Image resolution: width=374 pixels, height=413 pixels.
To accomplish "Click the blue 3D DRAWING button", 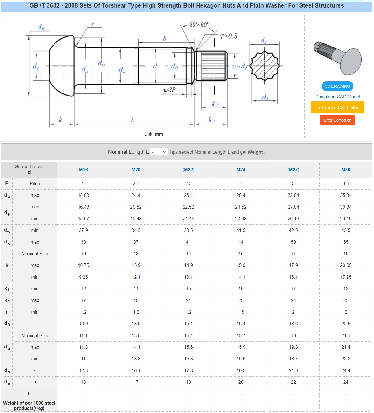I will coord(337,86).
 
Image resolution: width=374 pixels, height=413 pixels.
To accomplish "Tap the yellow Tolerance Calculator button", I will coord(337,107).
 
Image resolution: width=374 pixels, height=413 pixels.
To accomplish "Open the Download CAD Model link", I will coord(337,97).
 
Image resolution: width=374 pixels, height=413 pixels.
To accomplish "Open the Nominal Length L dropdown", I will coord(159,152).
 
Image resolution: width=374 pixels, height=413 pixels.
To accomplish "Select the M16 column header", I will coord(83,170).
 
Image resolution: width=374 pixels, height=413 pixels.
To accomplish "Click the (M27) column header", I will coord(293,170).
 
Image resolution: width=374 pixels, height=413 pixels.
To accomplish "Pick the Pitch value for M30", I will coord(345,183).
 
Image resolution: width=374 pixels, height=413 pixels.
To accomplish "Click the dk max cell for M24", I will coord(241,242).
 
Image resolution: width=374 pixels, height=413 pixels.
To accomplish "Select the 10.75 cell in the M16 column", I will coord(83,265).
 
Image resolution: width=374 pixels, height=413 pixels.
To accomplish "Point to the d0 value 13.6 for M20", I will coord(136,324).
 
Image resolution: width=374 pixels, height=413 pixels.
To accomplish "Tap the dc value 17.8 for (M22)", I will coord(188,370).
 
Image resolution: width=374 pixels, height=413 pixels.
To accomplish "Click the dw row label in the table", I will coord(7,230).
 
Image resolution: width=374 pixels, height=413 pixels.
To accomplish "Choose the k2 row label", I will coord(7,300).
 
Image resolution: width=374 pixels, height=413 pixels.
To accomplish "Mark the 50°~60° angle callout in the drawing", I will coord(199,25).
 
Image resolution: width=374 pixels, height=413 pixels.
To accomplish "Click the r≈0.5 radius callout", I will coord(229,36).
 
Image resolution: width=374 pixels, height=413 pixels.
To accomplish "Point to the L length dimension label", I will coord(132,120).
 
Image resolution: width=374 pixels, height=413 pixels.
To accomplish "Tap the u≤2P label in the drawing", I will coord(169,90).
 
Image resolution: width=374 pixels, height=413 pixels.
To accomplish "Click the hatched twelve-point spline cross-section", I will coord(264,66).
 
